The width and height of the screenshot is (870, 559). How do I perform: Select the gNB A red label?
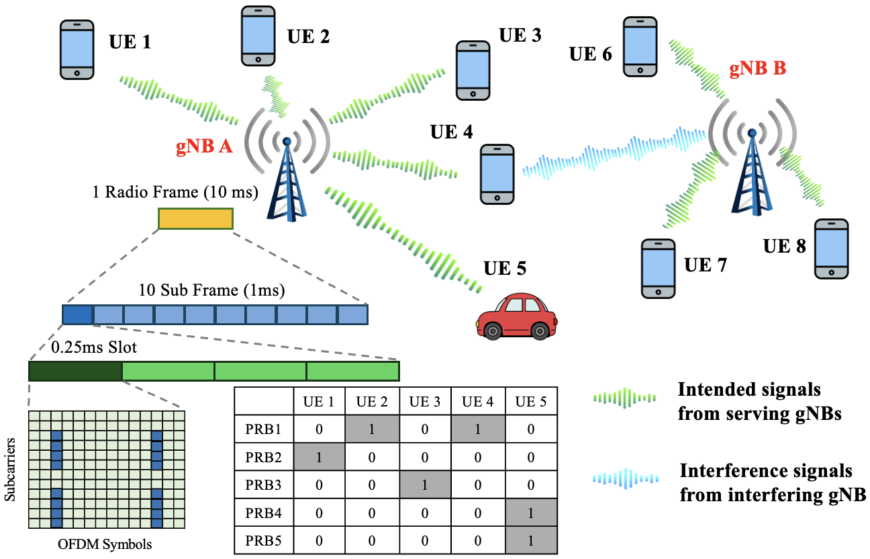(x=204, y=147)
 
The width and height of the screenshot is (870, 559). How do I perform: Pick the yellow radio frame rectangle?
(x=195, y=219)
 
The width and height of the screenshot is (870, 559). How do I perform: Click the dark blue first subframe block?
(x=77, y=314)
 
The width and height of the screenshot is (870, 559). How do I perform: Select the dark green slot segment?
(x=75, y=371)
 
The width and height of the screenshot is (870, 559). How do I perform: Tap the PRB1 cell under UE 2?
(x=372, y=429)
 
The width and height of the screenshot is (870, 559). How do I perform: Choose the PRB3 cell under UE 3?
(x=425, y=484)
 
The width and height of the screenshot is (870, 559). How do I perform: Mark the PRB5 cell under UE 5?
(x=530, y=540)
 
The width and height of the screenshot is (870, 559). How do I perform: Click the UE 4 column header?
(x=477, y=402)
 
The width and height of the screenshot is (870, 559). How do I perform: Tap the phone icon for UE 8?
(x=832, y=248)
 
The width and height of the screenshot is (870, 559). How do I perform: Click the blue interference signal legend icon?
(x=625, y=478)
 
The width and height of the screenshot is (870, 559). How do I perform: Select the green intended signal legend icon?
(x=624, y=398)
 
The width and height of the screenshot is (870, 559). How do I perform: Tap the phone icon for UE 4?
(x=498, y=173)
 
